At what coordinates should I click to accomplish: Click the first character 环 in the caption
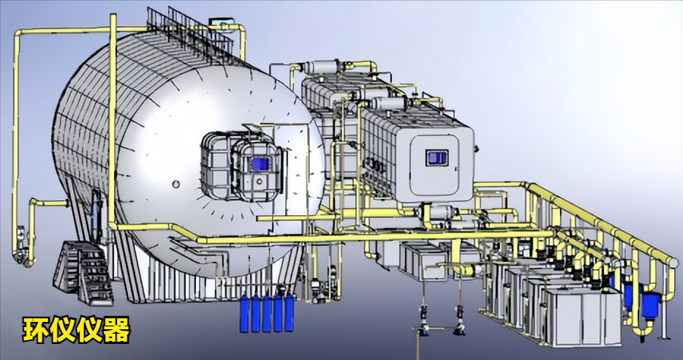tap(36, 330)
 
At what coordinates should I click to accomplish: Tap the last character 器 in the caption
tap(117, 330)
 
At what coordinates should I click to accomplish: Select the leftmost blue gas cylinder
tap(244, 313)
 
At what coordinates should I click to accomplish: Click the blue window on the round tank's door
tap(260, 165)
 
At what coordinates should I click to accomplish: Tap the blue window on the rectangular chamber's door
tap(437, 157)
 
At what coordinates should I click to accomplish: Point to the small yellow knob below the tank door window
tap(260, 179)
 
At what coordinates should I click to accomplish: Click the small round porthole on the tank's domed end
tap(176, 184)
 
